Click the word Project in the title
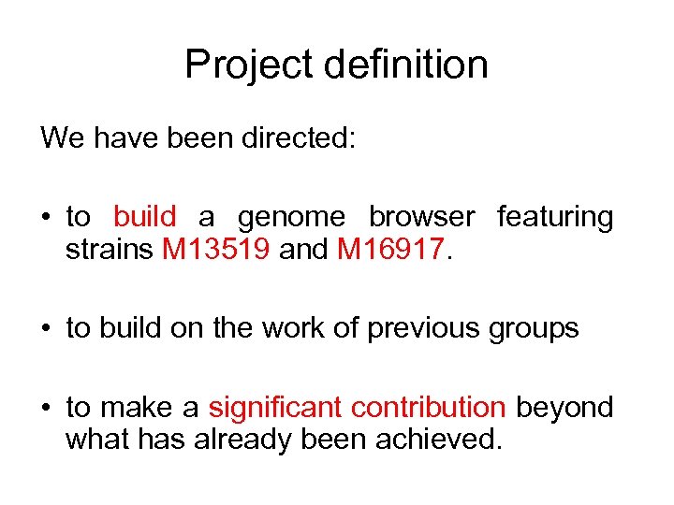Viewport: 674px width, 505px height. click(246, 65)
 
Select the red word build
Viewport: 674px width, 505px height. click(144, 217)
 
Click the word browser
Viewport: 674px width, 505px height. click(421, 217)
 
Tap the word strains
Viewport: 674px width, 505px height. click(110, 251)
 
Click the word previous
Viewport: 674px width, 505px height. click(422, 329)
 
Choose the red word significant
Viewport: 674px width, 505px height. click(275, 409)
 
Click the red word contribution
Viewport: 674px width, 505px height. click(428, 408)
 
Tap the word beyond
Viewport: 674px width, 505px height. click(564, 409)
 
